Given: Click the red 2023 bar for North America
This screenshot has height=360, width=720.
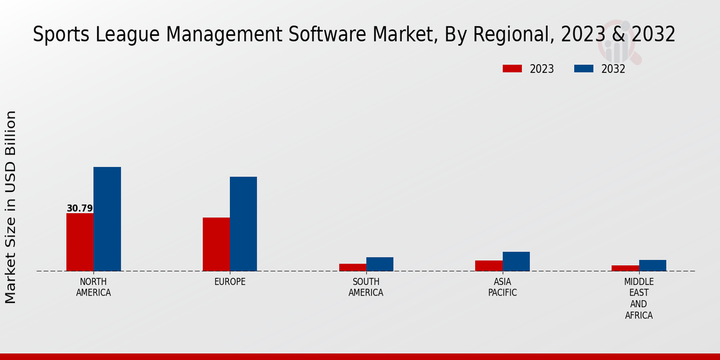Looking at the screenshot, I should [80, 242].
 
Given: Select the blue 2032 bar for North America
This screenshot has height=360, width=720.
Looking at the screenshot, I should [107, 219].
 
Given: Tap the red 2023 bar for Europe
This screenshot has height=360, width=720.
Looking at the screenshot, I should [216, 244].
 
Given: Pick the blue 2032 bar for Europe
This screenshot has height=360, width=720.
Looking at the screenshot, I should [243, 224].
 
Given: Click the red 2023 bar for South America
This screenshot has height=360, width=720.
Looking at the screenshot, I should [352, 267].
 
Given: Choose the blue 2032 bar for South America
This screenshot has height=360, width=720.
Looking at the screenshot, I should [380, 264].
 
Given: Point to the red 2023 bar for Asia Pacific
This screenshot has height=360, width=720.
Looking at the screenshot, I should [489, 265].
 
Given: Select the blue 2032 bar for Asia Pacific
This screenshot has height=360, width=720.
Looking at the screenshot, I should [516, 261].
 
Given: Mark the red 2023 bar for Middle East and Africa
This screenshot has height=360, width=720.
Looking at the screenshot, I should [625, 268].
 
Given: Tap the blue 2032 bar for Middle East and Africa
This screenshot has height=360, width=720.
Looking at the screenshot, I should [652, 265].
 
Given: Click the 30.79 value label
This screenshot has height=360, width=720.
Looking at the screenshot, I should [80, 209].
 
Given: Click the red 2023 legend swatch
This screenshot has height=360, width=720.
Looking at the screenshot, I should [512, 68].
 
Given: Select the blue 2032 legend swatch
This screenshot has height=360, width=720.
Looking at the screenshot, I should [583, 68].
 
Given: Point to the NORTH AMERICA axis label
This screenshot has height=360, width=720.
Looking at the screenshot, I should [94, 287].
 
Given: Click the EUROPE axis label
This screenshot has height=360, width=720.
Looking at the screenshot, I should [230, 282].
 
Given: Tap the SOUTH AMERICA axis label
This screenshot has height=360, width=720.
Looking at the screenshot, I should [366, 287].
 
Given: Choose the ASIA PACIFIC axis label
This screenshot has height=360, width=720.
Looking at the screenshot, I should [502, 287].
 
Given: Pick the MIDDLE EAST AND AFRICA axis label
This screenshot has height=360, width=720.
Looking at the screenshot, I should [638, 298].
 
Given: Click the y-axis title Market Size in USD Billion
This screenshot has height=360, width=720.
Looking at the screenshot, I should [11, 207].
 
